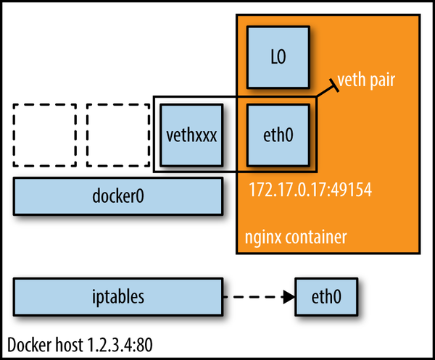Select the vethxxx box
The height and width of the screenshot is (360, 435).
191,135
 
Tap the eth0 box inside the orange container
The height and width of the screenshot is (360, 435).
278,135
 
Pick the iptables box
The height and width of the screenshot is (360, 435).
118,296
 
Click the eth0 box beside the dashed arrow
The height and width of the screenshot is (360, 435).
326,296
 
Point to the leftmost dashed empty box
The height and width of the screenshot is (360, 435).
45,135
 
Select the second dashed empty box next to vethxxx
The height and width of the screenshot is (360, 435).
118,135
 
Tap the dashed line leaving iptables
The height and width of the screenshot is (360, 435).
250,296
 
